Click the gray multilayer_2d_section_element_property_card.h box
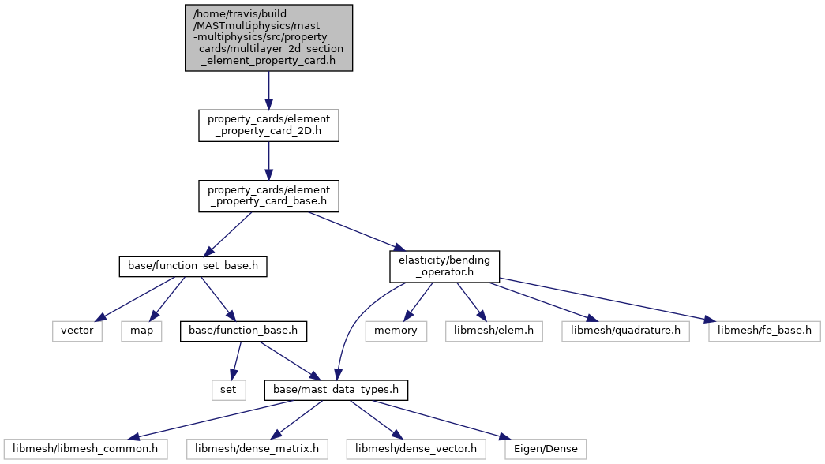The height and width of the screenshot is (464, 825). click(x=268, y=38)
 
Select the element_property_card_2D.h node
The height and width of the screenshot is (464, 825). click(x=268, y=125)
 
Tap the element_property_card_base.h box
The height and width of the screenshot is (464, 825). click(x=268, y=196)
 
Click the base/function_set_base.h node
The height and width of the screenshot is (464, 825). click(x=193, y=266)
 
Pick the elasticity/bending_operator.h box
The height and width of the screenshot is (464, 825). click(x=444, y=266)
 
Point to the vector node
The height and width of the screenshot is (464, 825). click(x=77, y=331)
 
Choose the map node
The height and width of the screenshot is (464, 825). click(x=141, y=331)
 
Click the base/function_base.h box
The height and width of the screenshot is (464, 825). click(x=243, y=331)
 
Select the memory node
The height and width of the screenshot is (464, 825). click(x=396, y=331)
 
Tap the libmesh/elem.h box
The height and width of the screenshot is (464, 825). click(x=494, y=331)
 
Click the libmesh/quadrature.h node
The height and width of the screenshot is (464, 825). click(x=625, y=331)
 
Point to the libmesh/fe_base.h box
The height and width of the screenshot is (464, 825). click(x=764, y=331)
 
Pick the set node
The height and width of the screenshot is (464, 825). click(x=228, y=390)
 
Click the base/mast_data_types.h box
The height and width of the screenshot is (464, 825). click(x=336, y=390)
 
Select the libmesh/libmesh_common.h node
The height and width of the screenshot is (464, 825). click(x=85, y=449)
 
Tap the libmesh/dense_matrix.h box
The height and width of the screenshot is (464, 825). click(x=257, y=449)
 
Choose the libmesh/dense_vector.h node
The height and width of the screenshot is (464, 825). click(x=415, y=449)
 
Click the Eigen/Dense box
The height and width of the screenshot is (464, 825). click(x=546, y=449)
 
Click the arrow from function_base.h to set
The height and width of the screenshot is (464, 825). click(x=236, y=361)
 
